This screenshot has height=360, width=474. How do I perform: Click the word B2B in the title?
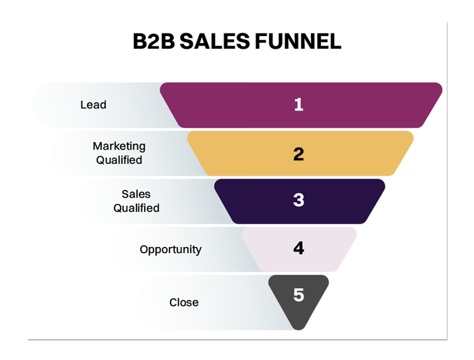[x=154, y=41]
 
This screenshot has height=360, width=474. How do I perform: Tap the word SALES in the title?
[x=215, y=41]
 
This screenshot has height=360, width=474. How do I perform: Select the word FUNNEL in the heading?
[x=298, y=41]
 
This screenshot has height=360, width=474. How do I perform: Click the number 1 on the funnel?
[x=299, y=104]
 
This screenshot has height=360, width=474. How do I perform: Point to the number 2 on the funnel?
[x=298, y=153]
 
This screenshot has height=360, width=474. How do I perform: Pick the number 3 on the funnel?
[x=298, y=200]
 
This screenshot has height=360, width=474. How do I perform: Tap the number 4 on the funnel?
[x=298, y=248]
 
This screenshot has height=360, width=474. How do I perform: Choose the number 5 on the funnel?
[x=299, y=295]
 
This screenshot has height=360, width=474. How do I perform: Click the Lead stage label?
[x=93, y=105]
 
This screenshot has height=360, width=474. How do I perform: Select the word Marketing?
[x=119, y=146]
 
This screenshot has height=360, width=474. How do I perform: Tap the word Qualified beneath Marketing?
[x=119, y=160]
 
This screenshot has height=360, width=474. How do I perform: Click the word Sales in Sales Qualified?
[x=136, y=194]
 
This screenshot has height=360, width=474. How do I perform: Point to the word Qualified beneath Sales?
[x=137, y=208]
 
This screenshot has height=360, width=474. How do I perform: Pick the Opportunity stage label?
[x=171, y=249]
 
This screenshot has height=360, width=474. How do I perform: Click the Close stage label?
[x=184, y=303]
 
